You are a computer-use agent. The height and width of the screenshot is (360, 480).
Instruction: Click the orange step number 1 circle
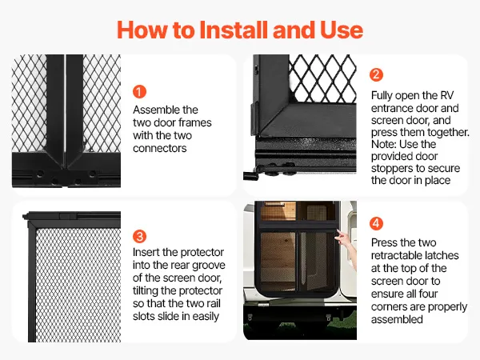tap(139, 92)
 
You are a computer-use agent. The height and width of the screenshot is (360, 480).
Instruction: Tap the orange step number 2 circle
tap(376, 74)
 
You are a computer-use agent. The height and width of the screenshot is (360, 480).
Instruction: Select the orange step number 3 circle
tap(139, 236)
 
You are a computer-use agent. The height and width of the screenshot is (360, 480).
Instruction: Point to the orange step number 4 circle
tap(376, 223)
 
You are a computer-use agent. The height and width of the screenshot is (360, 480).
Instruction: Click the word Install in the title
tap(234, 30)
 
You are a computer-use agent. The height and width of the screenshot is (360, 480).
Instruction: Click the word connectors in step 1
tap(159, 149)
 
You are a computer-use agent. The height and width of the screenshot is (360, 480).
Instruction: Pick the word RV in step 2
tap(446, 95)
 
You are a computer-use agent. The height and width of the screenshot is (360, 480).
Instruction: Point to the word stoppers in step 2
tap(392, 169)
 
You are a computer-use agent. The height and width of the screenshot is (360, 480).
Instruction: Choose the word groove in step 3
tap(208, 266)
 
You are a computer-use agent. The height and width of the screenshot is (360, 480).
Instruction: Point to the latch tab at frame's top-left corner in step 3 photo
tap(26, 216)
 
